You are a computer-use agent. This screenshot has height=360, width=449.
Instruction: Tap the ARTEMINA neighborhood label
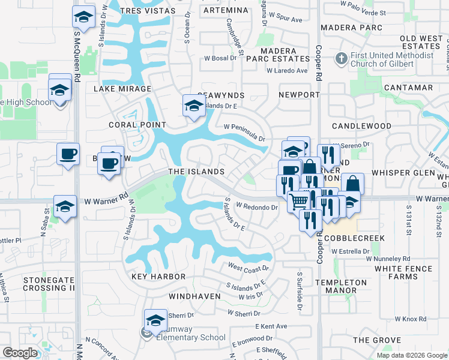(225, 11)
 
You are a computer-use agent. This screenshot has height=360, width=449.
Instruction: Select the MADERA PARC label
(351, 28)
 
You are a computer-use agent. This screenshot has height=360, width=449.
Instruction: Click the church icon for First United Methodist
(341, 59)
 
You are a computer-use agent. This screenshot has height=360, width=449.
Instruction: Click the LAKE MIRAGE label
(122, 88)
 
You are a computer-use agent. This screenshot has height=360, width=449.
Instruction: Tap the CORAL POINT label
(137, 125)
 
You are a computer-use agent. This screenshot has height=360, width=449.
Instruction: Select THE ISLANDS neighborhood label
(196, 172)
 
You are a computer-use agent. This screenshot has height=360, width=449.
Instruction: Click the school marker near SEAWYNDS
(194, 106)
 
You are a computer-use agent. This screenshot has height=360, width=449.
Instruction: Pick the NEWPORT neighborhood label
(300, 95)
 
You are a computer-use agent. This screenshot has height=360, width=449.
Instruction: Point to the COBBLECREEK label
(353, 238)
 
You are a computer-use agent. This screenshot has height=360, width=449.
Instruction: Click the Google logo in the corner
(20, 353)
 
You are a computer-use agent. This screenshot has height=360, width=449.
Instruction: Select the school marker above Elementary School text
(155, 320)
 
